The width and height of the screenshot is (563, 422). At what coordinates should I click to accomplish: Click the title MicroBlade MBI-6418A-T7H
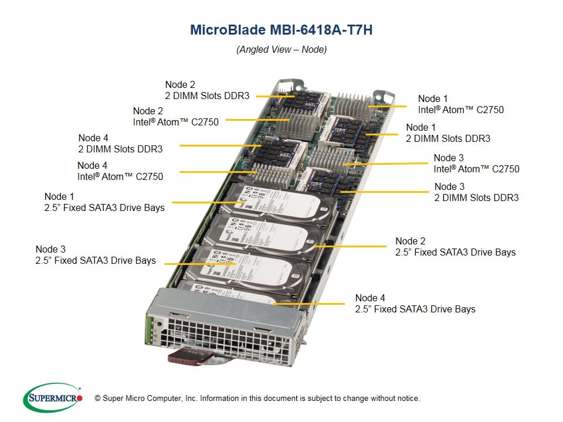point(281,30)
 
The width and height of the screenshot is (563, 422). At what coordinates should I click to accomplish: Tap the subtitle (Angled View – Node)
point(281,49)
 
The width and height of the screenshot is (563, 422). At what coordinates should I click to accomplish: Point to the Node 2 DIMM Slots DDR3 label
point(206,90)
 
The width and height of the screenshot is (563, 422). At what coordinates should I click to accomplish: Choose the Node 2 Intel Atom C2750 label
point(176,116)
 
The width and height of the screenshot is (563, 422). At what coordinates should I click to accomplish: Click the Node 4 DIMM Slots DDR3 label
point(120,143)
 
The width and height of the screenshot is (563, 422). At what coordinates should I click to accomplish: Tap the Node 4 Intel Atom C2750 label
point(120,171)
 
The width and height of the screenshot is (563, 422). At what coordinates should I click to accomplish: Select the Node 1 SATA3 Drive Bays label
point(104,202)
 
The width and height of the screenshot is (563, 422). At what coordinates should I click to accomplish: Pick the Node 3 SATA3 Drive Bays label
point(96,255)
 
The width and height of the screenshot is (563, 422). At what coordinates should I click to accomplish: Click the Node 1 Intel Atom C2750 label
point(460,104)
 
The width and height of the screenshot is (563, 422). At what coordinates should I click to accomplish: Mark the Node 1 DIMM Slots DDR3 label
point(448,133)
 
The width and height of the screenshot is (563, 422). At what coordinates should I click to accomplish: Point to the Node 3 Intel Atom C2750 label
point(476,164)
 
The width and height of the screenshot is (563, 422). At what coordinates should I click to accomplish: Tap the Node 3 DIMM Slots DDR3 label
point(476,192)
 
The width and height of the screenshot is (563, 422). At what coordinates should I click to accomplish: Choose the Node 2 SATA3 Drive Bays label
point(455,247)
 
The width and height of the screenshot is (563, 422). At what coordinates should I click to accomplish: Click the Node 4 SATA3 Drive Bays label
point(415,304)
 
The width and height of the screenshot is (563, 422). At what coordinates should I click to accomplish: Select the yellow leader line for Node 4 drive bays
point(311,304)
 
